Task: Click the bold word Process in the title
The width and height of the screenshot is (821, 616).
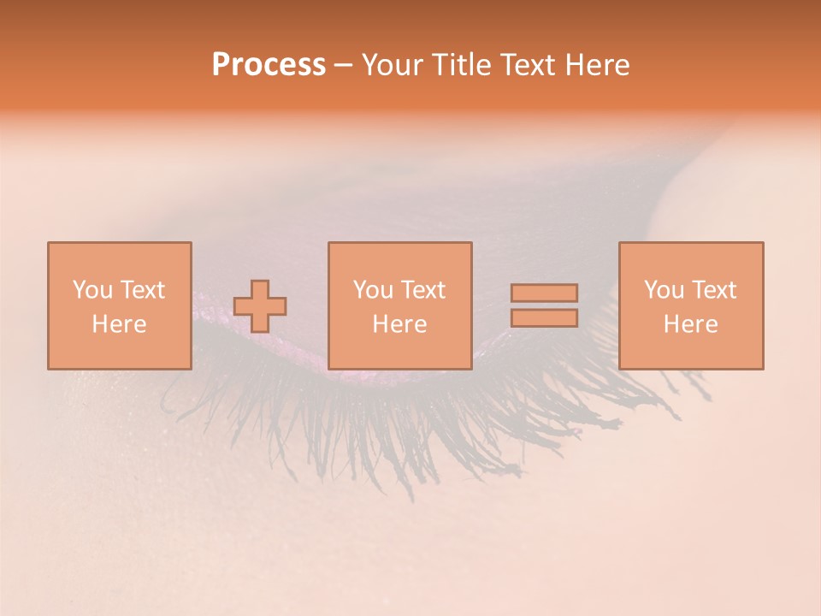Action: click(269, 65)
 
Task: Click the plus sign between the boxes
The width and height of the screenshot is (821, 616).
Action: click(260, 306)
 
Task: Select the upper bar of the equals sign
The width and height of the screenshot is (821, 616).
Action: click(544, 293)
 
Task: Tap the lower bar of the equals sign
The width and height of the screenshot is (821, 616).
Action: click(544, 318)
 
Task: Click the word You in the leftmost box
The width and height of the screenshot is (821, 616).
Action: click(92, 290)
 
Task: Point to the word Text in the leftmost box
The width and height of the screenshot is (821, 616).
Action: click(142, 290)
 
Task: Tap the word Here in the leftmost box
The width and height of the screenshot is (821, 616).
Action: click(119, 324)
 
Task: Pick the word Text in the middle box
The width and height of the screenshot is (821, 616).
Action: click(422, 290)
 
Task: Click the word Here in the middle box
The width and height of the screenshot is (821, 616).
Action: click(399, 324)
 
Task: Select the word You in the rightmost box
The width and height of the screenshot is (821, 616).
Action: click(664, 290)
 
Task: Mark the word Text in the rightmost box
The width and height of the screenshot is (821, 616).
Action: click(713, 290)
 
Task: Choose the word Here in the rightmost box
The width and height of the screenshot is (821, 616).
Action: click(690, 324)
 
